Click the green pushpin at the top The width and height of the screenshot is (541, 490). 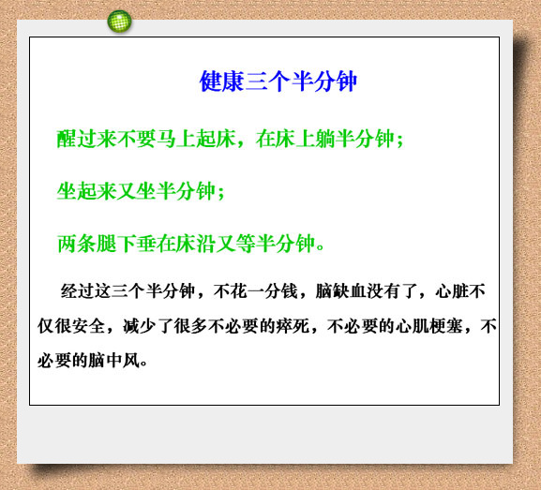[x=119, y=22]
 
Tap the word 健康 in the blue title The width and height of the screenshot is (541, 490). [x=222, y=82]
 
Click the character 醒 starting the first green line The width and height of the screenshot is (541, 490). [x=67, y=139]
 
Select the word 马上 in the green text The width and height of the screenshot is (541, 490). [x=176, y=139]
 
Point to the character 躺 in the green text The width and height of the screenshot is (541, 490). [x=326, y=139]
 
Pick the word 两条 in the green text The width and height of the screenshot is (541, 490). [x=77, y=244]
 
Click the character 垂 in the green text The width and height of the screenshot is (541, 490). [x=146, y=244]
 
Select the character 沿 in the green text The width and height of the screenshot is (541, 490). [x=206, y=244]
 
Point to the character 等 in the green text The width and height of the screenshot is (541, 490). [x=246, y=244]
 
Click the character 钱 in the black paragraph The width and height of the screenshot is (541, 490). [x=290, y=291]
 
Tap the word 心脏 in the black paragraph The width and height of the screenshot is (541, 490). [x=452, y=291]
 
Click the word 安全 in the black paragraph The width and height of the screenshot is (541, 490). [x=88, y=326]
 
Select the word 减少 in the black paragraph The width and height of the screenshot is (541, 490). [x=140, y=326]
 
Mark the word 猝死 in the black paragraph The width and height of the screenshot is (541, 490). [x=293, y=326]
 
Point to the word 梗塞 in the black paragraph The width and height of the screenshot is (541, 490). [x=445, y=326]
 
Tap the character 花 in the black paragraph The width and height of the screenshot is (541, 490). [x=238, y=291]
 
